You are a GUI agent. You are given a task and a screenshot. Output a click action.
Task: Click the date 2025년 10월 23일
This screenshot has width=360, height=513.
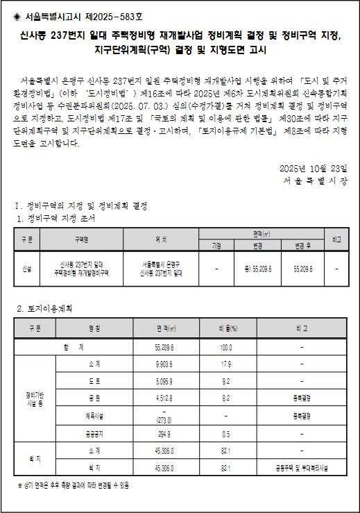318,149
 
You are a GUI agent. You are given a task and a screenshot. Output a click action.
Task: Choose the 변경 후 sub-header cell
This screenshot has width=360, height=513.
304,244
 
